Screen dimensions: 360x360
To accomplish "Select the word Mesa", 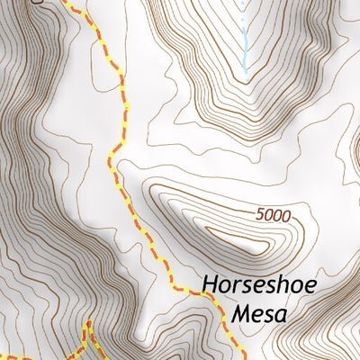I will (x=259, y=315).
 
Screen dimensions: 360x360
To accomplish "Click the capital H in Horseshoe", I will (x=209, y=285).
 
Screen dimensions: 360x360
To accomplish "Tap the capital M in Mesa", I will (x=239, y=314).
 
